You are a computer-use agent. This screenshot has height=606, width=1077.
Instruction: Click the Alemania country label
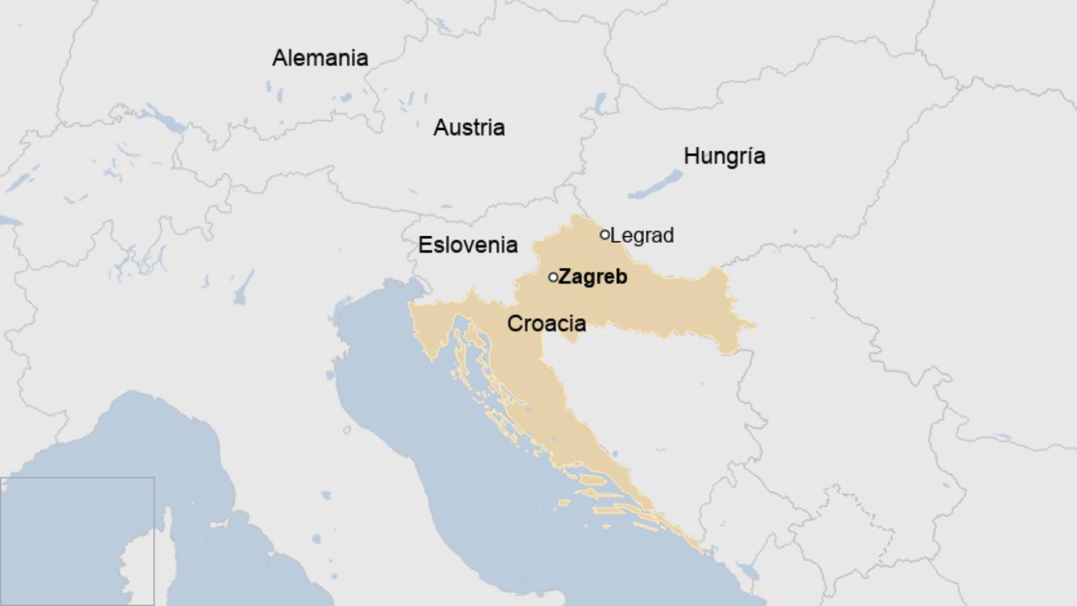click(x=320, y=58)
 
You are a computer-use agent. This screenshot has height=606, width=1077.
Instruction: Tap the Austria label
click(x=469, y=127)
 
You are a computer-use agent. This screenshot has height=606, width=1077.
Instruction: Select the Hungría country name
click(x=724, y=156)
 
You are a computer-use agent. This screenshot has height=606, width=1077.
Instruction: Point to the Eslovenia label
click(x=467, y=245)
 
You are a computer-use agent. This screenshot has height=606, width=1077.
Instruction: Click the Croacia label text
click(x=546, y=323)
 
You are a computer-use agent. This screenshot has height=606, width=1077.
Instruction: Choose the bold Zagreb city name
click(x=593, y=277)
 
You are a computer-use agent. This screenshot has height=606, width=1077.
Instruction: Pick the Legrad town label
click(x=642, y=236)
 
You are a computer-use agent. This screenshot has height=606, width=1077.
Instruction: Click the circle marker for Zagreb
click(x=553, y=277)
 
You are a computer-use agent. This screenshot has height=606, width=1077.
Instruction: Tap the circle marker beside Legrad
click(x=604, y=234)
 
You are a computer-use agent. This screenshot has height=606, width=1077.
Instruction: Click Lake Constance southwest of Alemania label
click(x=162, y=119)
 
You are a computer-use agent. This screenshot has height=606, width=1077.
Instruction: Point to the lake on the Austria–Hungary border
click(x=600, y=102)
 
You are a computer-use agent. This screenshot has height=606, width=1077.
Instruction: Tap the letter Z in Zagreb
click(x=565, y=277)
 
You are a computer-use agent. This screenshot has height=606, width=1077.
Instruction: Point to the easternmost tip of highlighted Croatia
click(x=754, y=325)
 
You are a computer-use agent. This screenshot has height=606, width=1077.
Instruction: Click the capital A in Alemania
click(x=280, y=58)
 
